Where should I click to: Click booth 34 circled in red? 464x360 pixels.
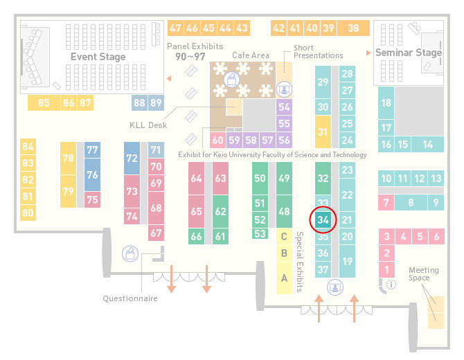click(x=323, y=219)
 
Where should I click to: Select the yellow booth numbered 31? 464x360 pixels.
click(x=323, y=132)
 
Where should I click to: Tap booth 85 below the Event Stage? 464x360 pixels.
click(x=44, y=103)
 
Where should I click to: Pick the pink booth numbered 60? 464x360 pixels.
click(x=217, y=140)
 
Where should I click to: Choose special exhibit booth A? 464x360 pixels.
click(x=284, y=278)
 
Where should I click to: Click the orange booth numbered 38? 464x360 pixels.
click(x=354, y=28)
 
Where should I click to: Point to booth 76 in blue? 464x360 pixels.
click(x=92, y=174)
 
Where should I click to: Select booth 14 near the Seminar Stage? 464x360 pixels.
click(x=427, y=145)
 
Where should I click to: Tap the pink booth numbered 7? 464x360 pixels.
click(x=386, y=203)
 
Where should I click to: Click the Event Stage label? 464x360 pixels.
click(x=98, y=57)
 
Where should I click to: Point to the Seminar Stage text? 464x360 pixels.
click(x=409, y=53)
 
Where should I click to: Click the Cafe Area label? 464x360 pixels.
click(x=251, y=55)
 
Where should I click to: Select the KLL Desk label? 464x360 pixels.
click(x=148, y=125)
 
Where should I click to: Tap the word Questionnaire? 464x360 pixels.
click(x=130, y=298)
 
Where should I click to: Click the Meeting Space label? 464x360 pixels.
click(x=423, y=274)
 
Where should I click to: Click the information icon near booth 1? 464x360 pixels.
click(x=391, y=285)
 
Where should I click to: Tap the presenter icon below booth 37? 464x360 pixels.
click(x=335, y=287)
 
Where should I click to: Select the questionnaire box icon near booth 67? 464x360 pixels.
click(x=130, y=253)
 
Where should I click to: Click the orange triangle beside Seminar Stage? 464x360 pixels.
click(x=368, y=53)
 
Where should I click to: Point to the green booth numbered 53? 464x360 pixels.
click(x=260, y=234)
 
